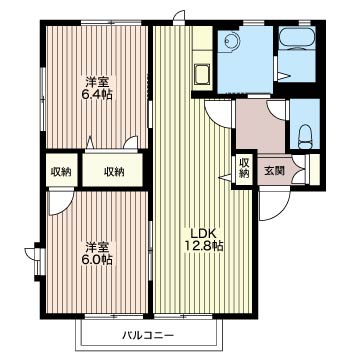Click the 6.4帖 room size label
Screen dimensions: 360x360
[97, 95]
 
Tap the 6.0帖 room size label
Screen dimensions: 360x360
[97, 259]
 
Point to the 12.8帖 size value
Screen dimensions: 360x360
[204, 246]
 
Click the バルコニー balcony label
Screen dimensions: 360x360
[148, 335]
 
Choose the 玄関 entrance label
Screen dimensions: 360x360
[274, 171]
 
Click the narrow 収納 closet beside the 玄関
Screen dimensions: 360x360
[244, 168]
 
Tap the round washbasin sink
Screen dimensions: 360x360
[232, 41]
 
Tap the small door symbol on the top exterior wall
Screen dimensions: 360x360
[179, 17]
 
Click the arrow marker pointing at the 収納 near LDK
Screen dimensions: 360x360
[225, 177]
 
